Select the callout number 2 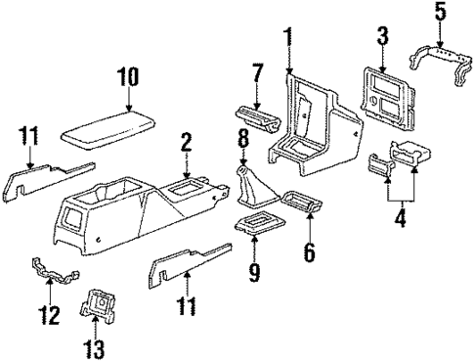coord(186,144)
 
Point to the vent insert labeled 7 coord(257,123)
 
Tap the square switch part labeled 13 coord(96,305)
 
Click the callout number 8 coord(239,150)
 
